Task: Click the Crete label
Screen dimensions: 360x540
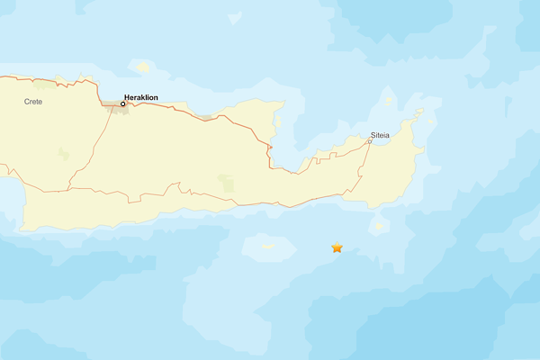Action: point(33,102)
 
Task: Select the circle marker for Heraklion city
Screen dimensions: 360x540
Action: point(122,103)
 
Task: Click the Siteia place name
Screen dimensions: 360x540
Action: point(380,135)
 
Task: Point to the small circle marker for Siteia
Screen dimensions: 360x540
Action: point(370,141)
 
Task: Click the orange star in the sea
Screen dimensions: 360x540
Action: point(337,247)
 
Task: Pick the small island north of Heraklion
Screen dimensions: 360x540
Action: point(142,66)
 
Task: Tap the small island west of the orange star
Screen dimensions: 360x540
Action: point(267,246)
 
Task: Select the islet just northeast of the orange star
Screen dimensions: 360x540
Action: point(379,225)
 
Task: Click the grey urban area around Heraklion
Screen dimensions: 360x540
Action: point(113,104)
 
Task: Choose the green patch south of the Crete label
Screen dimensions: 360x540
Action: point(63,154)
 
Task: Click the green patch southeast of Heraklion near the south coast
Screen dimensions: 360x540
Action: point(226,184)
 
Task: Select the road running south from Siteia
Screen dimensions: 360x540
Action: point(362,171)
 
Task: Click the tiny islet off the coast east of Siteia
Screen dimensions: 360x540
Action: point(418,112)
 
